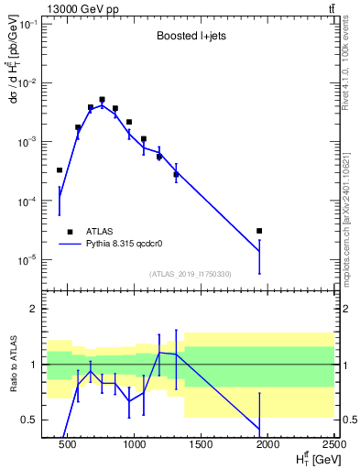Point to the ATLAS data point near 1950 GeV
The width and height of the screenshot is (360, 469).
[x=259, y=231]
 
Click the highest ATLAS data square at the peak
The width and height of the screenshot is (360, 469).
[x=103, y=100]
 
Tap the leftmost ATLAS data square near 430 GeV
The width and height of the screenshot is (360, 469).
[x=60, y=170]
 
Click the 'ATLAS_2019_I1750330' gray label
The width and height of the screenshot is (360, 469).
[x=190, y=274]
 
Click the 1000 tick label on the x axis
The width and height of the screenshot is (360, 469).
[x=135, y=445]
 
